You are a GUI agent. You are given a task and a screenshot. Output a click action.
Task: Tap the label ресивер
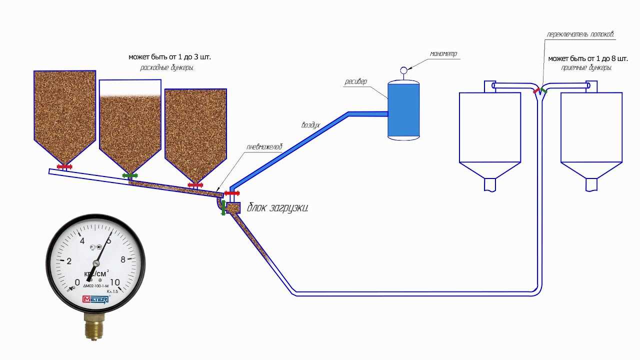click(356, 81)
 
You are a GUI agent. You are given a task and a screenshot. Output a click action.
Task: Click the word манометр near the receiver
click(443, 53)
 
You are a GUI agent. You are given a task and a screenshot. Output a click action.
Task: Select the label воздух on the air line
click(310, 125)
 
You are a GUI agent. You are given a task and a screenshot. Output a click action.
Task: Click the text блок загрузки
click(277, 207)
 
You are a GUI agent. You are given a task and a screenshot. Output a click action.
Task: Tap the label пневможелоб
click(264, 147)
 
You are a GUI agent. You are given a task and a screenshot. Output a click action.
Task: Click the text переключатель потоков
click(580, 35)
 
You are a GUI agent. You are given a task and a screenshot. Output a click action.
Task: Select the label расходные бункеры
click(166, 67)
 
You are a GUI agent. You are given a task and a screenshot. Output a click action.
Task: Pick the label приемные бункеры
click(586, 67)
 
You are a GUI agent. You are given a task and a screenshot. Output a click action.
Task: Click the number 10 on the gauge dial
click(114, 282)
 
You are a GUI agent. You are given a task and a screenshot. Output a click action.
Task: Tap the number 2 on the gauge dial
click(69, 261)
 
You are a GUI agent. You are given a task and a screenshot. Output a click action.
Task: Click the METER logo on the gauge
click(95, 299)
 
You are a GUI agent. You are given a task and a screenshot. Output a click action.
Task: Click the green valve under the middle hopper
click(130, 176)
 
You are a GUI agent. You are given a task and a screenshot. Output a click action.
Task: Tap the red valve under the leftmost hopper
click(65, 166)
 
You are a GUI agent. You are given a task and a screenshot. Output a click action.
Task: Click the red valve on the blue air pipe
click(232, 193)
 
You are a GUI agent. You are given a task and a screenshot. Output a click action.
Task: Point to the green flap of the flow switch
click(544, 91)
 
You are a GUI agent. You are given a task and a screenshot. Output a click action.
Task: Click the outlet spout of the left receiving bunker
click(490, 184)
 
